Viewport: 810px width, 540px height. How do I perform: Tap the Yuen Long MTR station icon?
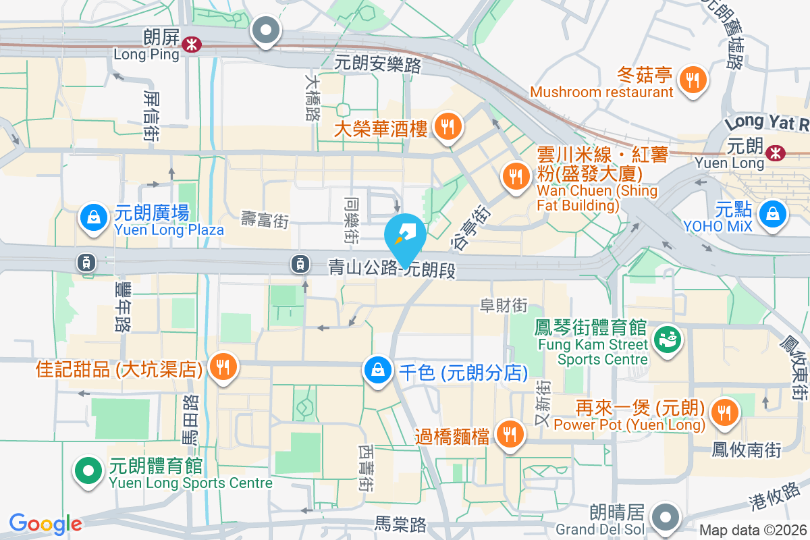click(x=776, y=153)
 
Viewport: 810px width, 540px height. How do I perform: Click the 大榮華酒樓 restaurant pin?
click(x=447, y=126)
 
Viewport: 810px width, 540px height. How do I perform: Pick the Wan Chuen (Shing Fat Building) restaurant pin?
click(x=516, y=177)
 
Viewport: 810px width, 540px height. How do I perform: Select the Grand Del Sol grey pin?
click(x=667, y=516)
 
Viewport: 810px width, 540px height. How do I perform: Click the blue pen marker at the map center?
click(x=405, y=235)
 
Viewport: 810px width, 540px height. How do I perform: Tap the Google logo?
click(x=45, y=524)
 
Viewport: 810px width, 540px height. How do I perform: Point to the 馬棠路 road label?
click(x=402, y=523)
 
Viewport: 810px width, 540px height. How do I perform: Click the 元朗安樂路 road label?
click(x=378, y=65)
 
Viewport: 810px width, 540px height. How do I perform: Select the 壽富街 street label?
click(x=265, y=219)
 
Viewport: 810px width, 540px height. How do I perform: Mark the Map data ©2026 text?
click(x=753, y=531)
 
